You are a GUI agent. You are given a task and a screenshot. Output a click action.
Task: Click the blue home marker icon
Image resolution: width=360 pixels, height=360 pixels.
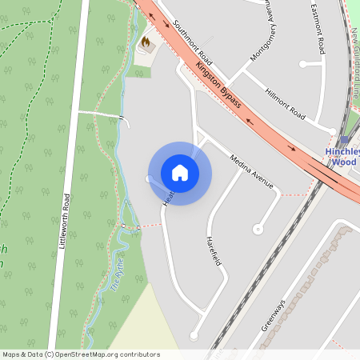(x=180, y=173)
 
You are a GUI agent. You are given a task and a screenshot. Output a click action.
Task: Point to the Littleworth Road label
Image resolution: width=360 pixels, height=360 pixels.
(x=66, y=222)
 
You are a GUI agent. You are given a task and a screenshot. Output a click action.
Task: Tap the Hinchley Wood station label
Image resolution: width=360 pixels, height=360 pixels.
(x=342, y=156)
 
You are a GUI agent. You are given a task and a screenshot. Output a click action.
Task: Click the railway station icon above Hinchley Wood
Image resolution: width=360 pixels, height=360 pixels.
(x=344, y=139)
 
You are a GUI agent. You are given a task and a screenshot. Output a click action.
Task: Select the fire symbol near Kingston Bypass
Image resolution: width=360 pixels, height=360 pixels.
(x=146, y=40)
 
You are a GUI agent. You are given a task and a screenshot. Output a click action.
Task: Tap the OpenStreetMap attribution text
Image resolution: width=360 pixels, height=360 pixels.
(x=80, y=354)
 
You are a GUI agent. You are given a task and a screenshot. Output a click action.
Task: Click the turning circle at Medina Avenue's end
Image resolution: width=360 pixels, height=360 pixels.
(x=258, y=229)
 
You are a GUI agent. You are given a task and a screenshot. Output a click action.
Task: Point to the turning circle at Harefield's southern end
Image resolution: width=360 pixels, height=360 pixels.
(x=194, y=337)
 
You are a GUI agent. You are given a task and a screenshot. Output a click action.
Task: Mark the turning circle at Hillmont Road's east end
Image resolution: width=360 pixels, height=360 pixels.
(x=332, y=130)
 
